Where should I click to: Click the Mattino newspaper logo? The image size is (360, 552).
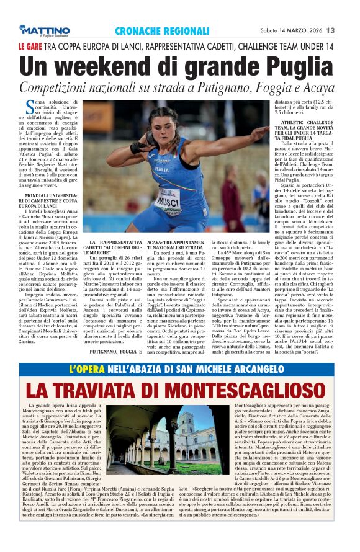click(44, 30)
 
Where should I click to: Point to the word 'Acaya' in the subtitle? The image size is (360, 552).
click(320, 86)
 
